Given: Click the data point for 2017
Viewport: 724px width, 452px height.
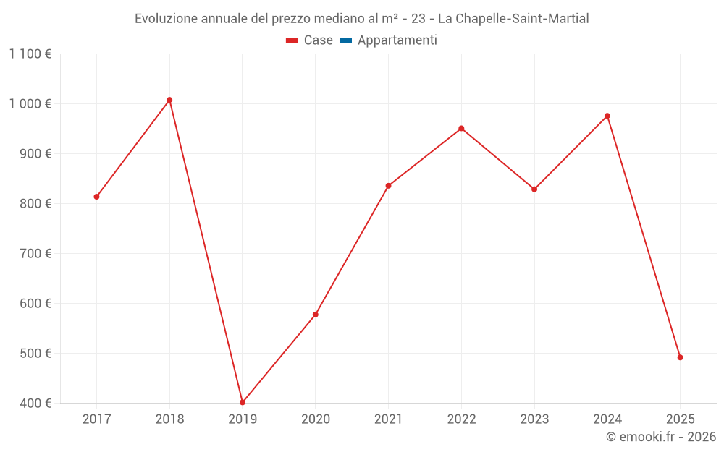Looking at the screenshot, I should (x=96, y=197).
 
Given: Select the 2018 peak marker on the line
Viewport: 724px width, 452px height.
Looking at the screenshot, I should (x=169, y=100).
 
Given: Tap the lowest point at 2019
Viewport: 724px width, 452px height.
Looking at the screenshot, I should (x=243, y=402).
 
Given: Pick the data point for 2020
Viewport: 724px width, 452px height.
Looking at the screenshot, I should (x=316, y=315).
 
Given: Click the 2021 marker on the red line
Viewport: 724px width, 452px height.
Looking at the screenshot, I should (x=388, y=186).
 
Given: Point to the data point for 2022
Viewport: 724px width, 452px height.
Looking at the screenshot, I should (x=461, y=129).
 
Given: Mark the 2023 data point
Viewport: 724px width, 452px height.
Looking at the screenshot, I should (x=534, y=189).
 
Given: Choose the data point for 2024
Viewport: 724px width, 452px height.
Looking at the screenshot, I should (x=607, y=116).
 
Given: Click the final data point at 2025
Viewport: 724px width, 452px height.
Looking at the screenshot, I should (x=680, y=357).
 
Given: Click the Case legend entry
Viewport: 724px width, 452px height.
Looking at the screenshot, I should (x=310, y=40).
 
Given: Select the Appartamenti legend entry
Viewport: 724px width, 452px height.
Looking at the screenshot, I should (x=389, y=40).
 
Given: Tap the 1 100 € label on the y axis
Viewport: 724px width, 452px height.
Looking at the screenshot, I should (x=30, y=54).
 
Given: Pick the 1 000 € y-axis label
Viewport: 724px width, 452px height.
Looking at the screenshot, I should (x=30, y=103).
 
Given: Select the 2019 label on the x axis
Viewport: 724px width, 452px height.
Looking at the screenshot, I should (x=243, y=419).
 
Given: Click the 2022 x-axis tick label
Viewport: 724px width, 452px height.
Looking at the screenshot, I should (x=461, y=419).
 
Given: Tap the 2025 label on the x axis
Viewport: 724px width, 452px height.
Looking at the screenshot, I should (x=680, y=419).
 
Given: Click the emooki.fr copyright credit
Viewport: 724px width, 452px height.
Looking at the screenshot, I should (x=661, y=437).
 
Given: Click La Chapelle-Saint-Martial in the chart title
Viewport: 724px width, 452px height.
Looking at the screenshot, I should (x=513, y=19).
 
